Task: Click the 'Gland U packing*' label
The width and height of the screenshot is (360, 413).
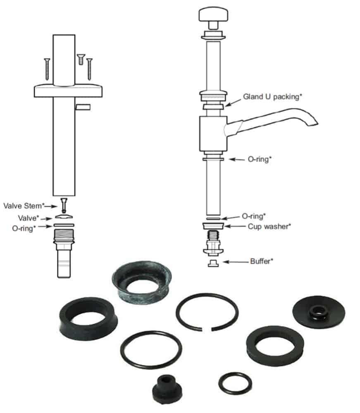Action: tap(273, 96)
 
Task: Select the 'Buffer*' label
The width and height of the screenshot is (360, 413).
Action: tap(261, 261)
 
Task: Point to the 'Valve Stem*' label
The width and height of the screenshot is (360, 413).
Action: tap(24, 205)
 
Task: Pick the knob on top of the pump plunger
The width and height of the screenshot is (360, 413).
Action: tap(213, 16)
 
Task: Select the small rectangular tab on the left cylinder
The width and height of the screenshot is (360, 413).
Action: tap(83, 107)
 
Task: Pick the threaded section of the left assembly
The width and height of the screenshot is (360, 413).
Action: tap(64, 237)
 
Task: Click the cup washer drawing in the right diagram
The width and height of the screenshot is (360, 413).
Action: tap(213, 226)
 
